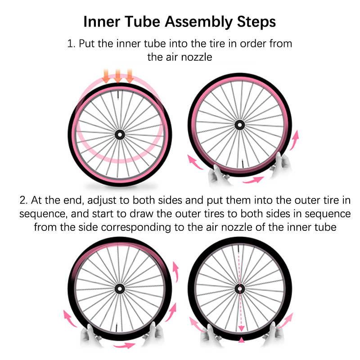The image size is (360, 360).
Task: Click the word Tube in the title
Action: tap(143, 22)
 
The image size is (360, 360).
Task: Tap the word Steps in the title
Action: tap(256, 22)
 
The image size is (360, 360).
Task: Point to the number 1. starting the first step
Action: tap(71, 44)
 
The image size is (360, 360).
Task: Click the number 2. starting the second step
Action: tap(24, 200)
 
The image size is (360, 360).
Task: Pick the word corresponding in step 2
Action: tap(136, 227)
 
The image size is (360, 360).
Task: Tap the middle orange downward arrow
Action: tap(118, 76)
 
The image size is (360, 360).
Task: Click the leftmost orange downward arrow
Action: tap(106, 76)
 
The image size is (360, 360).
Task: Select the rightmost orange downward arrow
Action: tap(130, 76)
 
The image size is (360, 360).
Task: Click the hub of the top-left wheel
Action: tap(120, 135)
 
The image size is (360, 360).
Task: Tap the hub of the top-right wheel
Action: tap(240, 125)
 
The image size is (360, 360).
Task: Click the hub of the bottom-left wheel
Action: tap(120, 288)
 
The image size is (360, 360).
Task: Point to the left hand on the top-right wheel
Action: tap(217, 175)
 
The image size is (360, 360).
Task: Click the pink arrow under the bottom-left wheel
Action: tap(124, 345)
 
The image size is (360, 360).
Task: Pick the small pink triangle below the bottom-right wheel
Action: tap(241, 340)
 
